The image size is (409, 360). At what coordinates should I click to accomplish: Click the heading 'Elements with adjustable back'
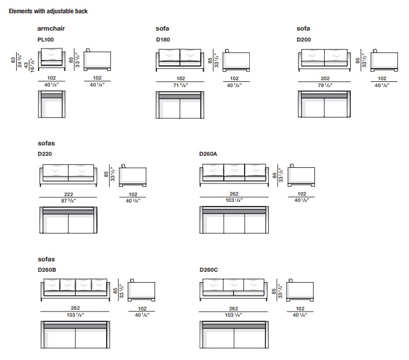pyautogui.click(x=48, y=11)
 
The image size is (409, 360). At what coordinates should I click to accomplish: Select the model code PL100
pyautogui.click(x=45, y=40)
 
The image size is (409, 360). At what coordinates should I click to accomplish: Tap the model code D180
pyautogui.click(x=163, y=40)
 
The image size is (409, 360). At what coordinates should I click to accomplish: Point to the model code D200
pyautogui.click(x=304, y=40)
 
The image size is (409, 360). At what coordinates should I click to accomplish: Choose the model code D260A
pyautogui.click(x=209, y=154)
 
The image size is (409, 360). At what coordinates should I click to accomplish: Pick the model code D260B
pyautogui.click(x=47, y=269)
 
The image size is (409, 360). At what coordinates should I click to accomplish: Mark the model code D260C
pyautogui.click(x=209, y=269)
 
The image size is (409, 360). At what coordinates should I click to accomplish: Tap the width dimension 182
pyautogui.click(x=180, y=78)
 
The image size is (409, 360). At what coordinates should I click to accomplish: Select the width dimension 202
pyautogui.click(x=324, y=78)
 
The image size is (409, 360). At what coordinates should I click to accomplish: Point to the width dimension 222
pyautogui.click(x=68, y=194)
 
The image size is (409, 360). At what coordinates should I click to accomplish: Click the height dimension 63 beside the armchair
pyautogui.click(x=13, y=60)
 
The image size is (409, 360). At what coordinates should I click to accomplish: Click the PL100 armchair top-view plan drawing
pyautogui.click(x=51, y=103)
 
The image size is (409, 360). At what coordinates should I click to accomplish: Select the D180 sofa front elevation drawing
pyautogui.click(x=180, y=60)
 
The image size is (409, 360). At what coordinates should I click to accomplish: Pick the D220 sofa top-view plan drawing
pyautogui.click(x=69, y=219)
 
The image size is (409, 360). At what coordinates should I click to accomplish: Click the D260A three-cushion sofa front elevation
pyautogui.click(x=234, y=175)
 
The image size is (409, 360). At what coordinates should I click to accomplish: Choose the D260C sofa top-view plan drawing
pyautogui.click(x=234, y=335)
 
